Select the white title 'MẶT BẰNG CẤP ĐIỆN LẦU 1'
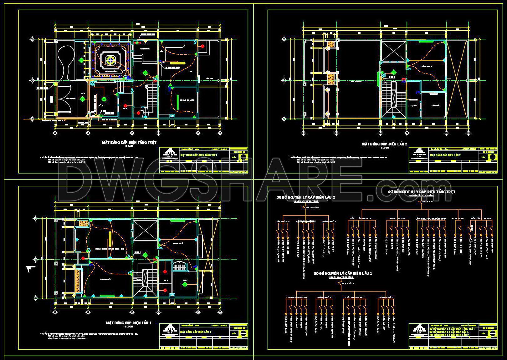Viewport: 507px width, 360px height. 129,322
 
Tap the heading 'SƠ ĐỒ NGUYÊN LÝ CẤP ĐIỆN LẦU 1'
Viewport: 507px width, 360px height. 343,274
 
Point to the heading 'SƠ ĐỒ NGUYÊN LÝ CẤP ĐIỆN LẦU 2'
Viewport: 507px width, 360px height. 306,197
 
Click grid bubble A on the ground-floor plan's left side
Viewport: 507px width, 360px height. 32,39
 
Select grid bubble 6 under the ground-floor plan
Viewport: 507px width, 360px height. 220,133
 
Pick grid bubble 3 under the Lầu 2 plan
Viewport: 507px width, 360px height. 380,133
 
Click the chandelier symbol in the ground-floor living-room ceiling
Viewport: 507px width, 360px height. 110,60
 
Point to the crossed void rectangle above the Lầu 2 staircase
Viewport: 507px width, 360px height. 393,50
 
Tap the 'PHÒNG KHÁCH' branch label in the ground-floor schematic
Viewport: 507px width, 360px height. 397,219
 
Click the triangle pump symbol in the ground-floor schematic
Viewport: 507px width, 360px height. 470,240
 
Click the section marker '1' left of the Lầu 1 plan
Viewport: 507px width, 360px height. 29,270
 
